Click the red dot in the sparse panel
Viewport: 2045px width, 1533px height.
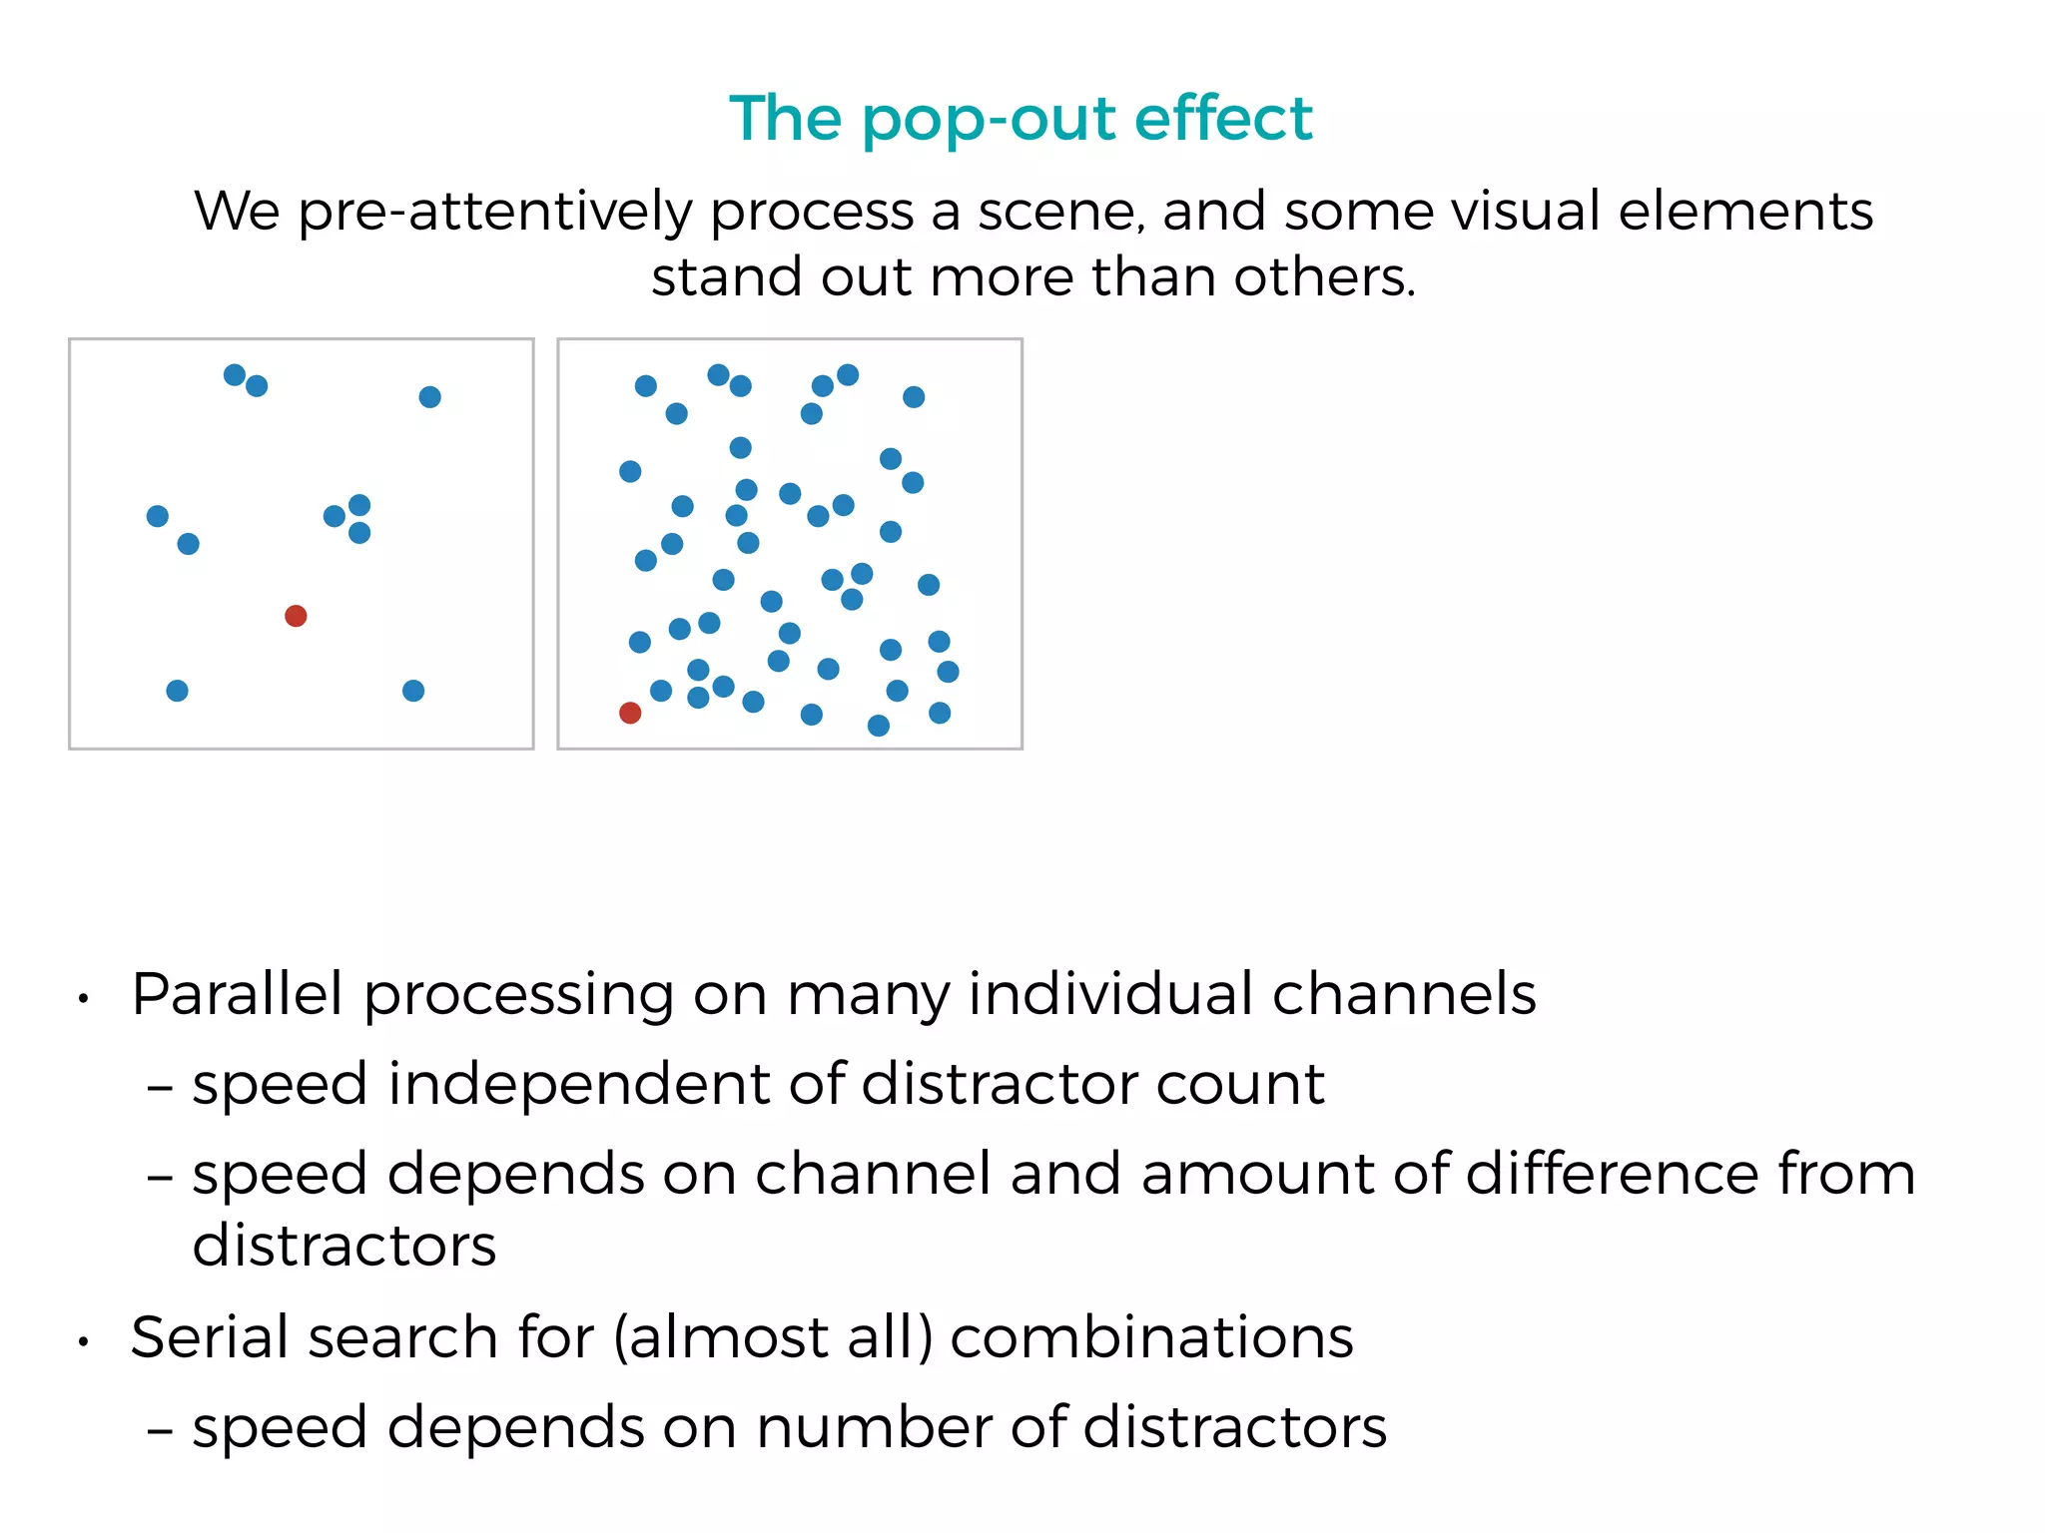pos(296,616)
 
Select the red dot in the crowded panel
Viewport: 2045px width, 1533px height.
pos(630,713)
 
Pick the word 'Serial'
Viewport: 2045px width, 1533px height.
pos(214,1337)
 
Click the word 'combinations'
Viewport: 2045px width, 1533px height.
pos(1151,1337)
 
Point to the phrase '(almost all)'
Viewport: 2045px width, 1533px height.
pos(773,1338)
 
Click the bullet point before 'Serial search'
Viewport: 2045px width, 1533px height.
pos(85,1343)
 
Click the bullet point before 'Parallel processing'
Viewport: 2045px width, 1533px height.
pos(85,999)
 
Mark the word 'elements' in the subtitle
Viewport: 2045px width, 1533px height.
pos(1744,212)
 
